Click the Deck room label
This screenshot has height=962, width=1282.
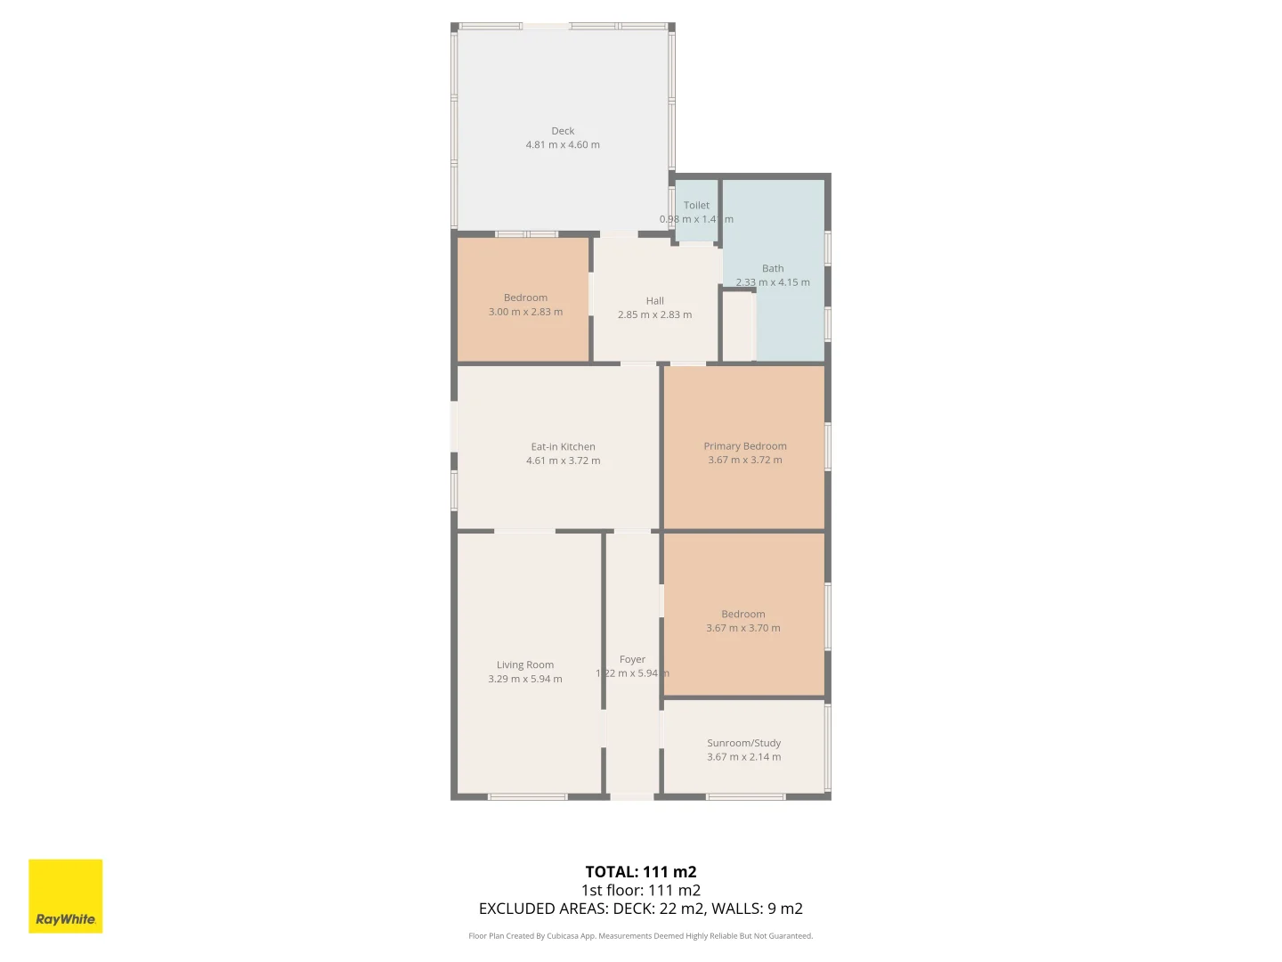point(563,131)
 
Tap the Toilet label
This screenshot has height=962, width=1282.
point(696,206)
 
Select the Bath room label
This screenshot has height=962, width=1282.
point(773,268)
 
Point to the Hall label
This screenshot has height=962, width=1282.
point(655,301)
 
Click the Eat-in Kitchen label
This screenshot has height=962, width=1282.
point(563,447)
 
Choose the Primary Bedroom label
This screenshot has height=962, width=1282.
point(745,446)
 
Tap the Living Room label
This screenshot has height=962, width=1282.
point(525,665)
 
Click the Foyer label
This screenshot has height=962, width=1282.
point(632,660)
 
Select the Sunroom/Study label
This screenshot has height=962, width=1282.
point(744,743)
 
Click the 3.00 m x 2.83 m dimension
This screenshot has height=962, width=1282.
point(525,313)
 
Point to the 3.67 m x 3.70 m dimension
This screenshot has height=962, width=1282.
point(743,628)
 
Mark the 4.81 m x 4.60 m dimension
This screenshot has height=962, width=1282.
point(563,145)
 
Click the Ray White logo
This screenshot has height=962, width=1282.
point(66,896)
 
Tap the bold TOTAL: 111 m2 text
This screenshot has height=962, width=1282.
point(641,872)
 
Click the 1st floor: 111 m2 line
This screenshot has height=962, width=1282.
point(641,891)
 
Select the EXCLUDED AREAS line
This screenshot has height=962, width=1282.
point(641,909)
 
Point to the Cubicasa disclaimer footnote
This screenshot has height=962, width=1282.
point(641,936)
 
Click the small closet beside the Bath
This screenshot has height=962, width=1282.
point(738,326)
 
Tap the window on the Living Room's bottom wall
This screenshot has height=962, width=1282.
point(528,796)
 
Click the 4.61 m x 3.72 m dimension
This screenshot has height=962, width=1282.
point(563,461)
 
